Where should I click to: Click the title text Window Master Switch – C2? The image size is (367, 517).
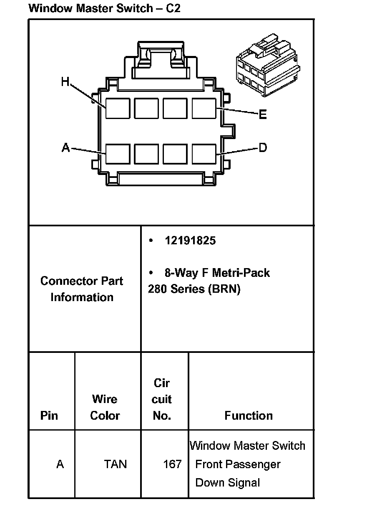click(104, 8)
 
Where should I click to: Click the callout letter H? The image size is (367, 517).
click(65, 81)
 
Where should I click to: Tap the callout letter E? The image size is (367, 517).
click(263, 114)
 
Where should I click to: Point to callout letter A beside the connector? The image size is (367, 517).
click(66, 147)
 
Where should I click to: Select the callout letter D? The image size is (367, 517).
click(263, 147)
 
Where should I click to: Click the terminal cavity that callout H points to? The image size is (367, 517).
click(118, 109)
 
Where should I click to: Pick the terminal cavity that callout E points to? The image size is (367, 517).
click(204, 109)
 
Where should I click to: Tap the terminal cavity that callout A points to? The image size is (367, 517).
click(118, 154)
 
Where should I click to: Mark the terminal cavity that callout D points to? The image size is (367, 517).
click(204, 154)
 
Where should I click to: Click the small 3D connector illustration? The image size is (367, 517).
click(268, 65)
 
